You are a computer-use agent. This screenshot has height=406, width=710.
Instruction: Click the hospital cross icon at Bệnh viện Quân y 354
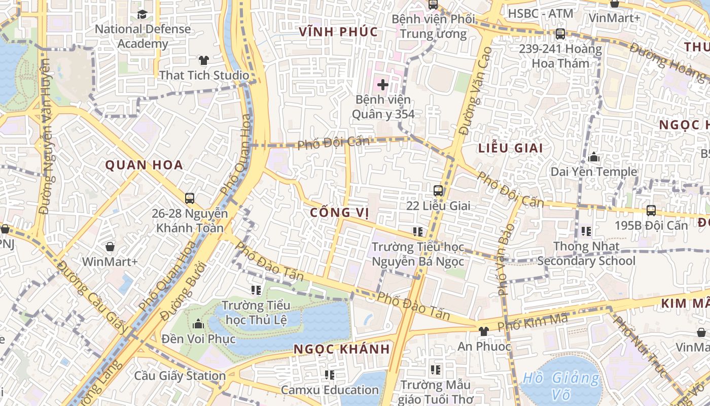coord(382,85)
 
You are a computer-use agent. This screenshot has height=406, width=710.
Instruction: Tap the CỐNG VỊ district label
coord(339,212)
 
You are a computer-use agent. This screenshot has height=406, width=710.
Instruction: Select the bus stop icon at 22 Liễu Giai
coord(438,191)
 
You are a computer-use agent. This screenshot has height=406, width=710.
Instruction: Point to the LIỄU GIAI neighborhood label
coord(510,148)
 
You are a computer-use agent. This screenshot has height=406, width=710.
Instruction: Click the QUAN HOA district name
coord(144,165)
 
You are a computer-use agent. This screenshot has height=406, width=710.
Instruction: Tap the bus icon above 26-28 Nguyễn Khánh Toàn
coord(190,198)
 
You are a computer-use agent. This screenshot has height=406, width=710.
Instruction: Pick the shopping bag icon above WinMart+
coord(110,247)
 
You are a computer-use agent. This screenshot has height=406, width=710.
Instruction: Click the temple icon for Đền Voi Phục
coord(198,324)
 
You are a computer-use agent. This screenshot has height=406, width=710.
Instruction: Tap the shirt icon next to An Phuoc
coord(483,331)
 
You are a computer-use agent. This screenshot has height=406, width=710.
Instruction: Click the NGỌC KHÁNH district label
coord(342,349)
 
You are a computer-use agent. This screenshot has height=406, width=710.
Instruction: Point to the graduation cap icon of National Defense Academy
coord(143,14)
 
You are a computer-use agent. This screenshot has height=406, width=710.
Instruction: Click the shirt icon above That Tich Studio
coord(204,60)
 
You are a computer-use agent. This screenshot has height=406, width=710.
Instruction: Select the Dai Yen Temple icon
coord(594,157)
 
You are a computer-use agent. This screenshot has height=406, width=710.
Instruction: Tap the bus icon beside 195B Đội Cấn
coord(651,210)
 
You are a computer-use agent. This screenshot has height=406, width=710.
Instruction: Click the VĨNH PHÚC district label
coord(338,32)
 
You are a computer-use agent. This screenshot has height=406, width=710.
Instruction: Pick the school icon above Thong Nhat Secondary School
coord(586,231)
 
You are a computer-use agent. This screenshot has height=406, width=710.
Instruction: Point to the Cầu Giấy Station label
coord(180,376)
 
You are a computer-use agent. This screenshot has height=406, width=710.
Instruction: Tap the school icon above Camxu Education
coord(330,375)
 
